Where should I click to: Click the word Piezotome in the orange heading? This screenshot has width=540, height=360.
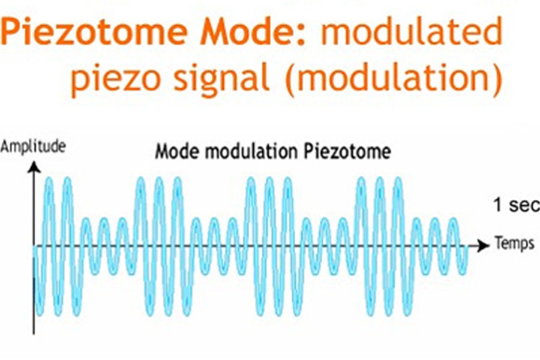(94, 32)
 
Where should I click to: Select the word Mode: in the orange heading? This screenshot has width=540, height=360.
(253, 32)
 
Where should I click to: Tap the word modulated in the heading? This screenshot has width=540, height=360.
(411, 32)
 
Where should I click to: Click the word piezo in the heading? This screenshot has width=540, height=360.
(116, 79)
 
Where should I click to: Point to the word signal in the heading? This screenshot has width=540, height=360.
(221, 79)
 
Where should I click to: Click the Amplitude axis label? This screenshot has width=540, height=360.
(33, 147)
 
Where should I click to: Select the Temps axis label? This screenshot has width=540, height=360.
(515, 243)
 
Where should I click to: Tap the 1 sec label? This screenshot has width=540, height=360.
(516, 205)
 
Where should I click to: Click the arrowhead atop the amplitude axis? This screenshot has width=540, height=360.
(34, 167)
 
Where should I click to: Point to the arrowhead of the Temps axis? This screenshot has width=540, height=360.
(484, 245)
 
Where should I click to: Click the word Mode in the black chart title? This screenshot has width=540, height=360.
(177, 151)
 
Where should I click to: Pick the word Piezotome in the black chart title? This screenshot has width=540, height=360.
(347, 152)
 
